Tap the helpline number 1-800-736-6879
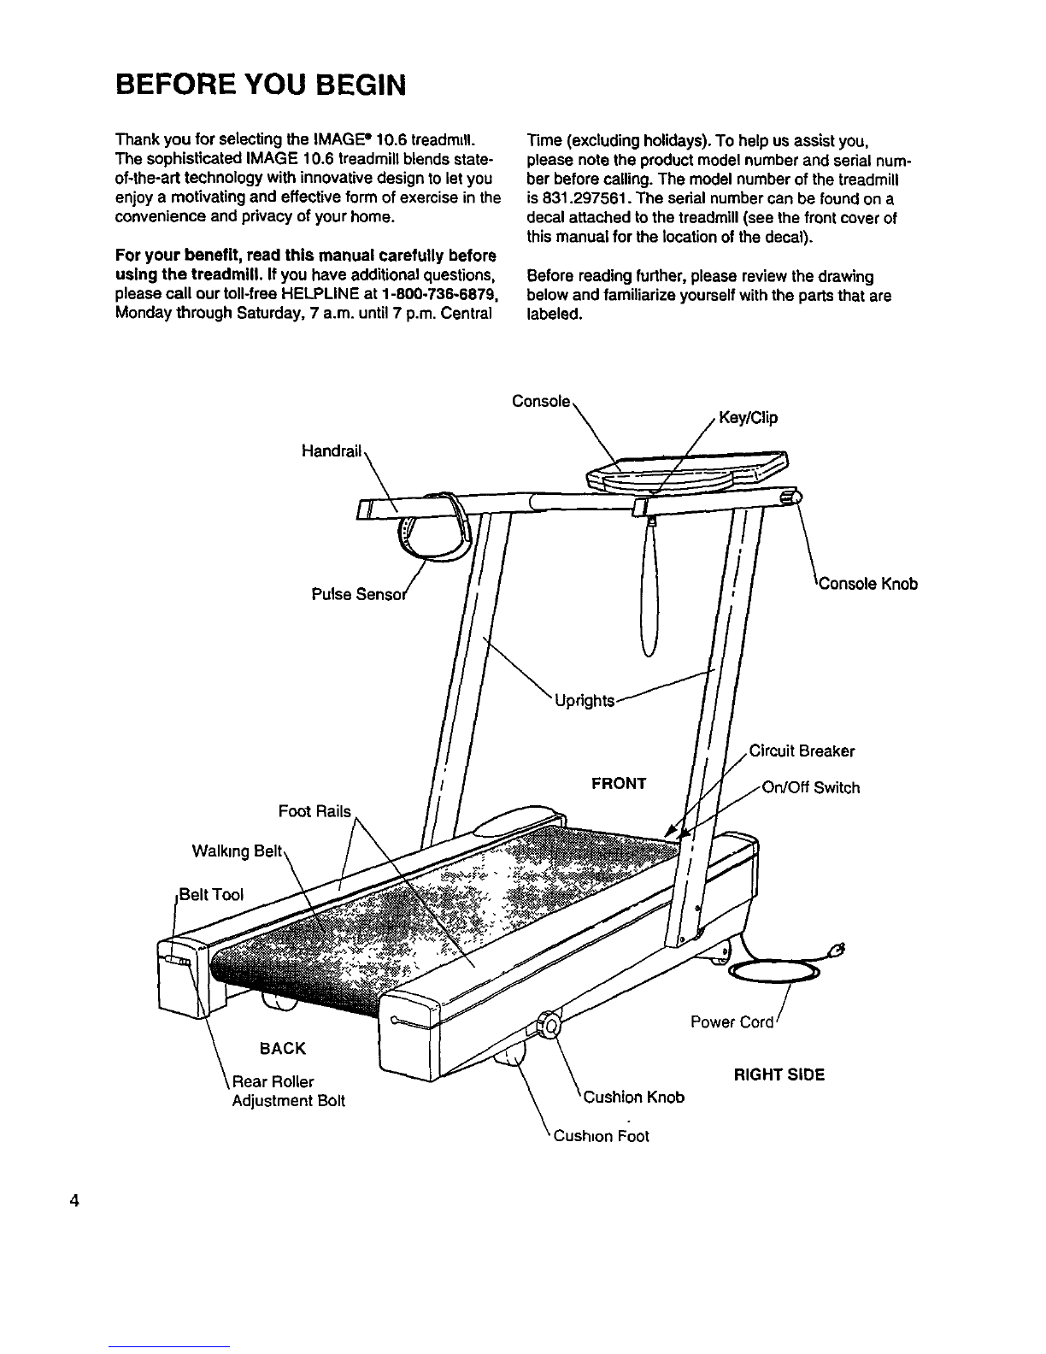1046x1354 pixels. click(x=428, y=295)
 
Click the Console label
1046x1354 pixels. click(x=540, y=401)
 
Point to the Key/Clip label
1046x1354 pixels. click(x=749, y=419)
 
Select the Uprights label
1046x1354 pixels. click(x=585, y=701)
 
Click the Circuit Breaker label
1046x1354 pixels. click(x=802, y=751)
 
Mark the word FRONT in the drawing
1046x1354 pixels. click(x=619, y=784)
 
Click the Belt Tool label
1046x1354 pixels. click(x=210, y=895)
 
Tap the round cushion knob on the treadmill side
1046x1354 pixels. click(x=547, y=1024)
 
